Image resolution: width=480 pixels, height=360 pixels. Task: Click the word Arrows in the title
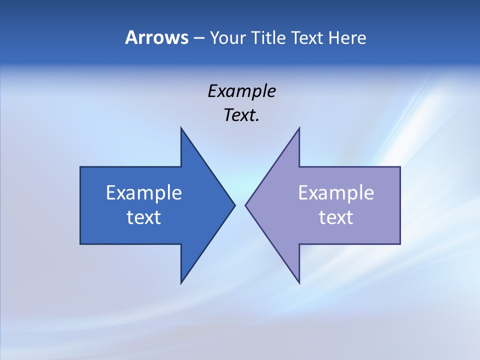(156, 37)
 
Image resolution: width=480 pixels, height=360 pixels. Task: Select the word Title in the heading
(268, 37)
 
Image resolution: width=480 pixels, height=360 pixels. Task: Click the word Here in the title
(347, 37)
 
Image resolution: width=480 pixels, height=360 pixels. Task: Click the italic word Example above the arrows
(241, 91)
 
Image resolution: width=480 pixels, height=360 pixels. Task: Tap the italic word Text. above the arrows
(241, 115)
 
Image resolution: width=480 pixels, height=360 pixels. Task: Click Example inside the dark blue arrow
(144, 192)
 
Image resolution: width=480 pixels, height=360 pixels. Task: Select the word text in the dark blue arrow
(144, 217)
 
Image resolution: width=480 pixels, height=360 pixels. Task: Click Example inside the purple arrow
(336, 192)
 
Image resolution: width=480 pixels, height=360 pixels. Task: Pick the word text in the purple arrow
(336, 217)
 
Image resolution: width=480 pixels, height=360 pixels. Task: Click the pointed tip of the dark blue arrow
(234, 205)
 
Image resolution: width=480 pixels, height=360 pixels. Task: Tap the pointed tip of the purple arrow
(245, 205)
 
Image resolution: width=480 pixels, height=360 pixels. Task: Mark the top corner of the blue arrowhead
(181, 128)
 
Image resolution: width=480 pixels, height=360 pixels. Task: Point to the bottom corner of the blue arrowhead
(181, 283)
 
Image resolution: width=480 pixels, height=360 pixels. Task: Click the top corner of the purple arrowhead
(299, 128)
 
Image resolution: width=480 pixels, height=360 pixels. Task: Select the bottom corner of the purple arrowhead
(299, 283)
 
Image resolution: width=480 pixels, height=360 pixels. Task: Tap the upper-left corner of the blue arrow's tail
(80, 167)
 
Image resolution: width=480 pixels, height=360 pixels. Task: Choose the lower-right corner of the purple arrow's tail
(400, 243)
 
